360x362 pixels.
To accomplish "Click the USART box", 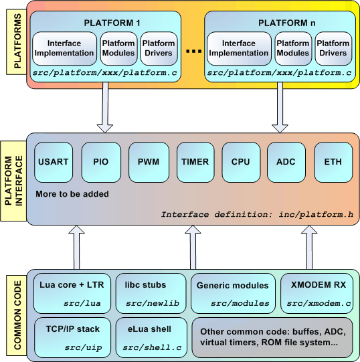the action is (x=54, y=162).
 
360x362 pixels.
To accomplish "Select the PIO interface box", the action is (x=101, y=162).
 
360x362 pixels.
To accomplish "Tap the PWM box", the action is (x=149, y=162).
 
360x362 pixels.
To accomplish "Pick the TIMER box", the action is (x=195, y=162).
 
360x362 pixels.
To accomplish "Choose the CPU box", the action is (x=241, y=162).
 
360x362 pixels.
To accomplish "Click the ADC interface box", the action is (x=286, y=162).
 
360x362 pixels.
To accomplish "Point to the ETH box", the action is (x=333, y=162).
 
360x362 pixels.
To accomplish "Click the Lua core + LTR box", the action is (x=72, y=293).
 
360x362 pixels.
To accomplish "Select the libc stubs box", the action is (x=151, y=293).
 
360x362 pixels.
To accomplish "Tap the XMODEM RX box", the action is (x=317, y=293).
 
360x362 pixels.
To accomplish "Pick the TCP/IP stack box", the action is (x=72, y=337).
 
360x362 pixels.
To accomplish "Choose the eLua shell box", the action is (x=151, y=337).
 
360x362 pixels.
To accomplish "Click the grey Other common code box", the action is (x=272, y=337).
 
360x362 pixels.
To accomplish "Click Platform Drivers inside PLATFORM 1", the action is (x=159, y=48).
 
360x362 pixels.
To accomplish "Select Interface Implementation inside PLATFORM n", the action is (x=239, y=48).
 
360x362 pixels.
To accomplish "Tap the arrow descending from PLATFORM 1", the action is (x=105, y=107).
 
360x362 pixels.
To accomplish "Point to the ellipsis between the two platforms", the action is (x=194, y=51).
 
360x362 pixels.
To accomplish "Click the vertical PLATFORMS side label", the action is (x=17, y=41).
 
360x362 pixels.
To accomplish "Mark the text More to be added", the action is (x=72, y=194).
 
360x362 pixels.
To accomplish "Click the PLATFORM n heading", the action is (x=286, y=23).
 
